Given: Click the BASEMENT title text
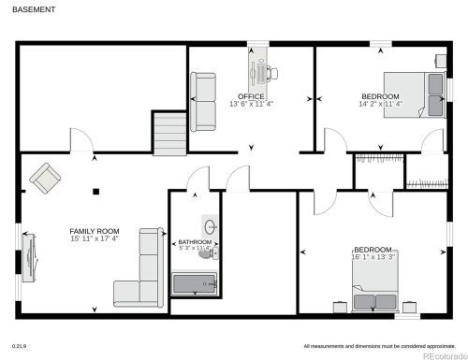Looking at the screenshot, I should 35,9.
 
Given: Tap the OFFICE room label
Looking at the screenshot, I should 251,96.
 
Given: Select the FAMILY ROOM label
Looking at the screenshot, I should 95,231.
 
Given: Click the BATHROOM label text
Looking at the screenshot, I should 195,242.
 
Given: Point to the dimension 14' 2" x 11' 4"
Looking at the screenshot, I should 380,105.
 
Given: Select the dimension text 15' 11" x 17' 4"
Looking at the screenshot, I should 95,239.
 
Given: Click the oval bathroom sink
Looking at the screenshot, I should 211,226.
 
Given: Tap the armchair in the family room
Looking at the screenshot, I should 44,175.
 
